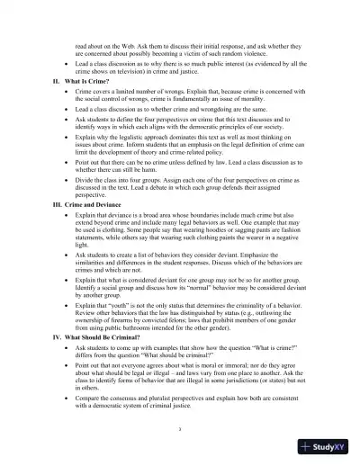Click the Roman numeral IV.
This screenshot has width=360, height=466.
pyautogui.click(x=58, y=336)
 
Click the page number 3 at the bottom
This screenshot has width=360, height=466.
pyautogui.click(x=180, y=430)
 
